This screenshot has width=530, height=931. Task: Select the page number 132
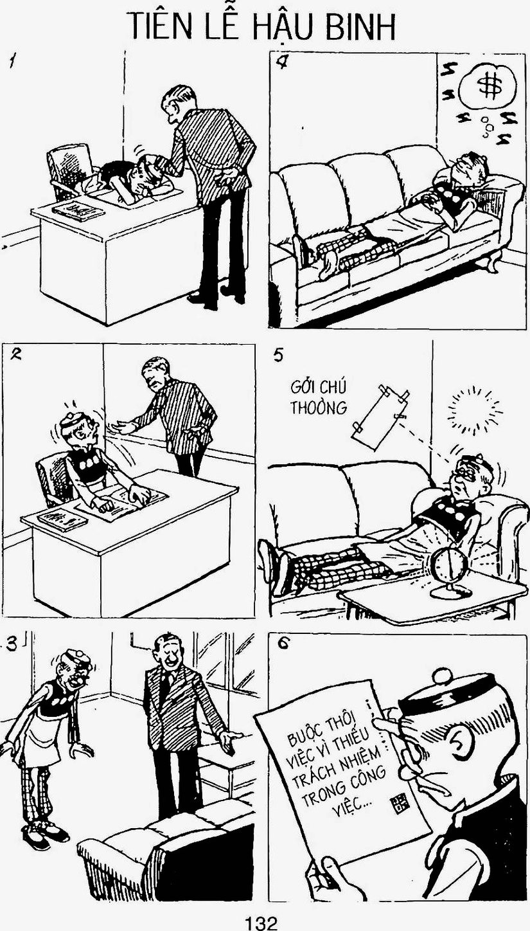click(261, 922)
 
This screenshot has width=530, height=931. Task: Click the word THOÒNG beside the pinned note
click(319, 408)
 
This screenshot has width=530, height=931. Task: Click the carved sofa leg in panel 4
click(492, 263)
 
